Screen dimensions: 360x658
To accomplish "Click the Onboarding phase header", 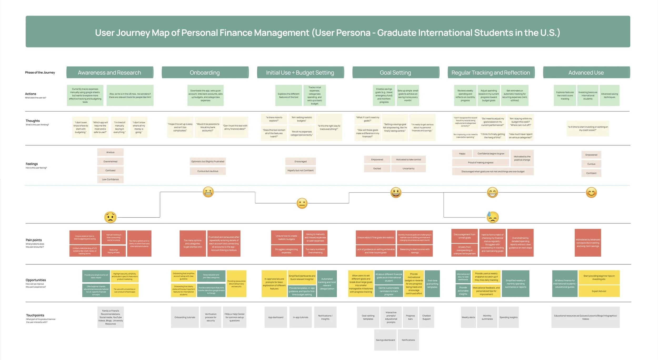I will [x=205, y=73].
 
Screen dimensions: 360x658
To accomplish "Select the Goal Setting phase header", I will [x=395, y=73].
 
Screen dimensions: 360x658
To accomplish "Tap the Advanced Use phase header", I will [x=586, y=73].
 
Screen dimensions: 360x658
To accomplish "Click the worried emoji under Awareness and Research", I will [x=110, y=217].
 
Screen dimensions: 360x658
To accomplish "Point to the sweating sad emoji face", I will [x=492, y=217].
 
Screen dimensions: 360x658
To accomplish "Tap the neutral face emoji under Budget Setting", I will [x=302, y=203].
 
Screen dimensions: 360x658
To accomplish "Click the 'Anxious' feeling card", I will [x=110, y=152].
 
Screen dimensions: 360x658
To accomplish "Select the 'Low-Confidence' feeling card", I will [x=110, y=179].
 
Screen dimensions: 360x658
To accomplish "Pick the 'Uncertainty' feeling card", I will [x=408, y=168].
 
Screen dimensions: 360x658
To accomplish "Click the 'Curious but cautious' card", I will [x=208, y=171].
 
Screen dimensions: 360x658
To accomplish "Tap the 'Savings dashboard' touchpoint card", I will [x=385, y=340].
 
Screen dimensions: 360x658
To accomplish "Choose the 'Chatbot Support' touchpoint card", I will [x=426, y=317].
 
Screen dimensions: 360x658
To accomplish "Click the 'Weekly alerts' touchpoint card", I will [x=468, y=317].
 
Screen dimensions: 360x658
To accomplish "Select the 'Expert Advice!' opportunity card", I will [x=599, y=291].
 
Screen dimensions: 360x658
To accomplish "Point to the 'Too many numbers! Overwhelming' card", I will [x=315, y=251].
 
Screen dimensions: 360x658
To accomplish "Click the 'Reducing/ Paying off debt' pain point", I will [x=113, y=251].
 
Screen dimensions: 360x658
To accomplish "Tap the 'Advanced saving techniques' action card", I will [x=609, y=96].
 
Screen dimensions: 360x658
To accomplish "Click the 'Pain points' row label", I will [x=34, y=240].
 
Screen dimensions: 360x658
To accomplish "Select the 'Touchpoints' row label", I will [x=35, y=315].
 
